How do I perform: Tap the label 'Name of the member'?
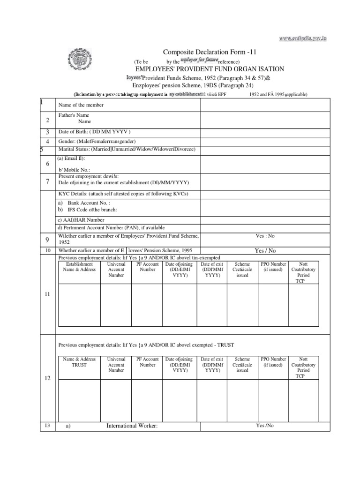click(81, 105)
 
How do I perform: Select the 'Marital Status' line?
click(126, 150)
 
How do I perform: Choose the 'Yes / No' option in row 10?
click(265, 251)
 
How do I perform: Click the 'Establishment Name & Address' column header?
click(79, 267)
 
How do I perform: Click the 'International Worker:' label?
click(132, 426)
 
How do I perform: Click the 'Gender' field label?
click(97, 141)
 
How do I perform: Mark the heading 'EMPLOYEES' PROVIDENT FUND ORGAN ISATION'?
click(210, 69)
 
